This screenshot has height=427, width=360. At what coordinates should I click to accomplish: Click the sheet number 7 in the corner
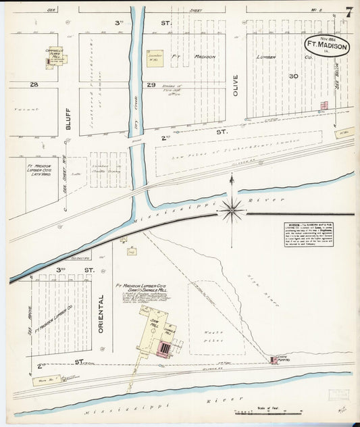[348, 12]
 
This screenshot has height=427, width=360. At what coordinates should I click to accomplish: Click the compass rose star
[232, 211]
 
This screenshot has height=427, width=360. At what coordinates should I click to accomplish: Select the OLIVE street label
[236, 84]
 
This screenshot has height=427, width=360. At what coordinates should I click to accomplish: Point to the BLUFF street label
[68, 118]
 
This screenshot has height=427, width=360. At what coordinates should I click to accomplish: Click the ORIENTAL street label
[102, 311]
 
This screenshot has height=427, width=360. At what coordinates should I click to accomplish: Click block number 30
[292, 76]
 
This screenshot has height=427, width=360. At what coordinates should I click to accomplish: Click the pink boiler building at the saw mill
[165, 348]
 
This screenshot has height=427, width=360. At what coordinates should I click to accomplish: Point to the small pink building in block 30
[324, 105]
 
